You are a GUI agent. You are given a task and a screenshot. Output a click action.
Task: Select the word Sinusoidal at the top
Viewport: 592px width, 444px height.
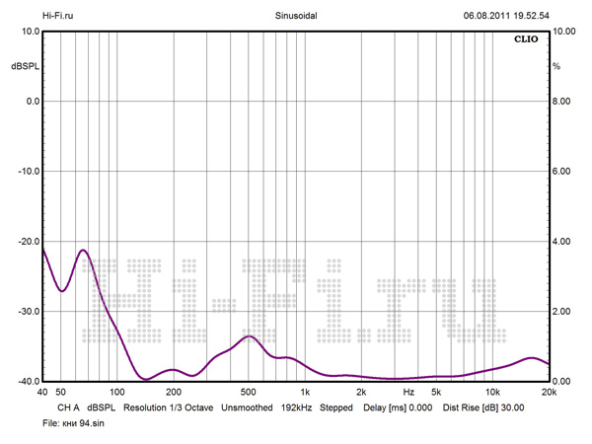tap(295, 15)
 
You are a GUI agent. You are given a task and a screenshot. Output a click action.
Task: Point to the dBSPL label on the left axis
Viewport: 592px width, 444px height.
tap(25, 66)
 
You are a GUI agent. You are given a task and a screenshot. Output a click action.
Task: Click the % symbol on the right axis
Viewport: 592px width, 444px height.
tap(556, 66)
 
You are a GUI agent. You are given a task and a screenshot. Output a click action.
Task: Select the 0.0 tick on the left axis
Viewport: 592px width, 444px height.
tap(30, 102)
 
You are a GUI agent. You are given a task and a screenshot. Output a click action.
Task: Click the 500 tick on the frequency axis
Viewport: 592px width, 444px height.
tap(249, 393)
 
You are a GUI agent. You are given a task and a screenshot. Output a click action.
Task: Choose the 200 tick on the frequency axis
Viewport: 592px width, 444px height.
tap(174, 393)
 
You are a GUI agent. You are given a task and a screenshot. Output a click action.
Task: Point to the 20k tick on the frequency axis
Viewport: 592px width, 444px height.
tap(549, 393)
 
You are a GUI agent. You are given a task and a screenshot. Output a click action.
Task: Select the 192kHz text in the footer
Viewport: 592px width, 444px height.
tap(297, 407)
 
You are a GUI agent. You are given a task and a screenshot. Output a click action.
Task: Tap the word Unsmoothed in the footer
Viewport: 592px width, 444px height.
tap(247, 407)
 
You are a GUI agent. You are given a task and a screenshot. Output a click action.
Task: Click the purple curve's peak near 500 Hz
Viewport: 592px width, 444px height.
tap(250, 336)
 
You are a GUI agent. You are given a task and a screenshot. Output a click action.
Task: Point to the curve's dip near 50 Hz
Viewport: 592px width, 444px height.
tap(61, 291)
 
